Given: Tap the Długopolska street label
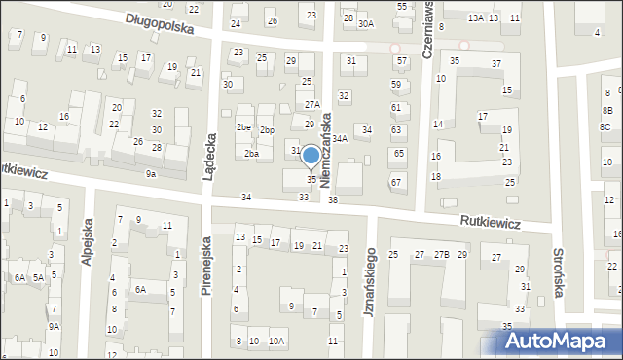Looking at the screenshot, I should (x=160, y=23).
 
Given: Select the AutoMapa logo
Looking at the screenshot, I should (x=559, y=341).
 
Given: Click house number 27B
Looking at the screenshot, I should (x=442, y=255).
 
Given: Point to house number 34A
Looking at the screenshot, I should (x=340, y=139).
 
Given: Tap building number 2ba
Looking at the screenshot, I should (x=252, y=154).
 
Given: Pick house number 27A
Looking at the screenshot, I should (x=311, y=104).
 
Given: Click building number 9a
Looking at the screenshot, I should (x=150, y=173).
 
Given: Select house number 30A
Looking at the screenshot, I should (x=365, y=23).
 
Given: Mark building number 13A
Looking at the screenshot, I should (x=475, y=18).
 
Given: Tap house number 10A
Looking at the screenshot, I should (x=276, y=341).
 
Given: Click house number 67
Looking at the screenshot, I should (x=396, y=182).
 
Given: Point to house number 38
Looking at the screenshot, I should (x=333, y=199).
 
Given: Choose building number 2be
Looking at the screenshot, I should (x=243, y=127).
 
